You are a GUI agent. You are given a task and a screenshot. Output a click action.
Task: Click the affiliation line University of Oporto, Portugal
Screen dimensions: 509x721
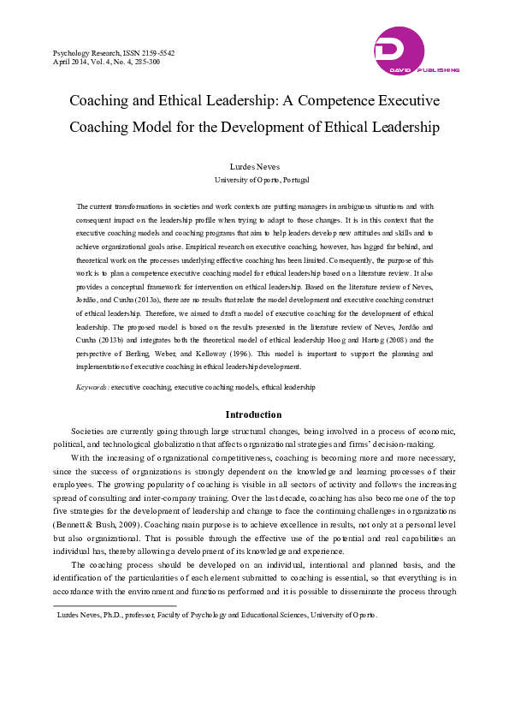[261, 182]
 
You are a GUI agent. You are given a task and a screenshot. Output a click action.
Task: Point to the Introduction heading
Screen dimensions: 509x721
[253, 414]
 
